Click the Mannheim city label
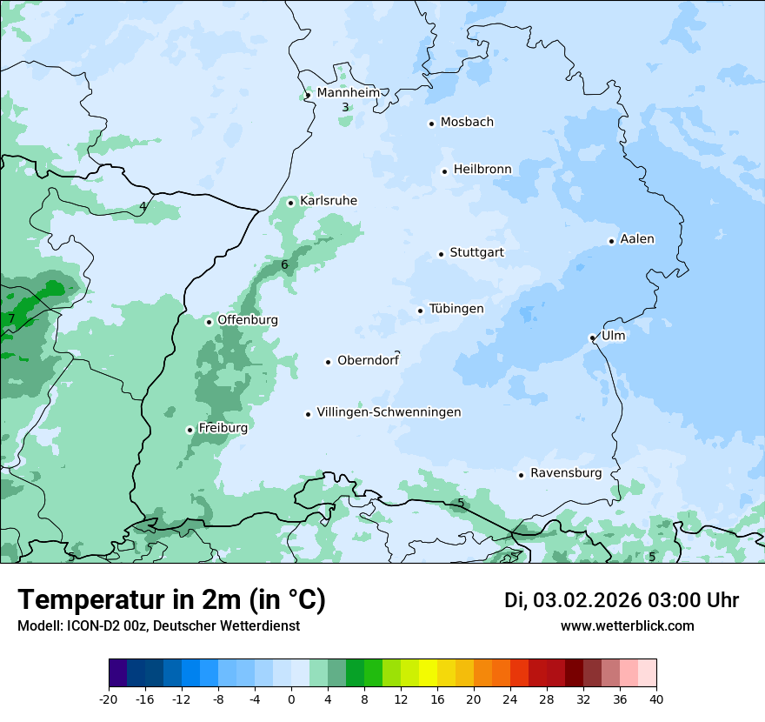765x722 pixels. coord(348,92)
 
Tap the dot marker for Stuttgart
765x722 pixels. coord(441,254)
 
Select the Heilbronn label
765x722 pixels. coord(482,169)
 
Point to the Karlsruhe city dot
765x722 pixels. coord(291,203)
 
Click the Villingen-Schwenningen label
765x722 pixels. coord(389,412)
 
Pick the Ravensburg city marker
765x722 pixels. coord(521,475)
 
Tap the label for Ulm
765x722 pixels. coord(613,335)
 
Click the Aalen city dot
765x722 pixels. coord(611,241)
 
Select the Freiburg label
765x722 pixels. coord(223,428)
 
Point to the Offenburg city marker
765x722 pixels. coord(209,322)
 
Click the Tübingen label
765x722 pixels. coord(456,309)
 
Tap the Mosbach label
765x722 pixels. coord(467,122)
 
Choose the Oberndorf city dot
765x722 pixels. coord(328,362)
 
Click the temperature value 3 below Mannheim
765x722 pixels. coord(345,108)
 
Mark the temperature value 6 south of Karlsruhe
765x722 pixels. coord(284,264)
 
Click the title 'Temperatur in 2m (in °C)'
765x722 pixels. coord(171,599)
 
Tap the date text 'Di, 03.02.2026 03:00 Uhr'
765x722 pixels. coord(621,600)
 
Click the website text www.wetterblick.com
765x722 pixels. coord(627,625)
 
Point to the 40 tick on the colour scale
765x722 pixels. coord(656,699)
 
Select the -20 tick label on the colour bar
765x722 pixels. coord(109,699)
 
